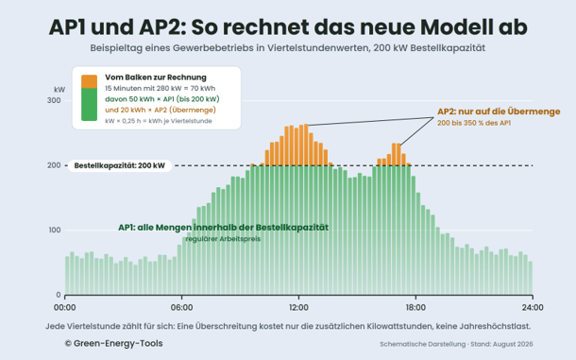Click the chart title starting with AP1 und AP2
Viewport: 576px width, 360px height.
click(288, 26)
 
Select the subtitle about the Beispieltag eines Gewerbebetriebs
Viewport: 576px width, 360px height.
click(288, 48)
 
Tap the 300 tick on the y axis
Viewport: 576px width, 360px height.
click(54, 100)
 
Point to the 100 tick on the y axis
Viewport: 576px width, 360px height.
click(54, 231)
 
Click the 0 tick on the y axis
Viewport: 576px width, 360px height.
click(59, 295)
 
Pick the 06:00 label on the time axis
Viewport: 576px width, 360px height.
click(182, 307)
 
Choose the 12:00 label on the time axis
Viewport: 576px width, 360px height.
click(298, 307)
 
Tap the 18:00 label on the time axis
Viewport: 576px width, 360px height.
click(415, 307)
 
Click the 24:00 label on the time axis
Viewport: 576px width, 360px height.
click(533, 307)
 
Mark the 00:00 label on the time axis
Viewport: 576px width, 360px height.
click(65, 307)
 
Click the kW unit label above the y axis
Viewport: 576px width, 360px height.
click(59, 90)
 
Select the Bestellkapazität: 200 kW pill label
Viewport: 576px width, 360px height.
click(120, 166)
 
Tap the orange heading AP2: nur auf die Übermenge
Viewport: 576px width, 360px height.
click(499, 111)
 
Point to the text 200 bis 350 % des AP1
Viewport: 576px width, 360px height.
click(474, 123)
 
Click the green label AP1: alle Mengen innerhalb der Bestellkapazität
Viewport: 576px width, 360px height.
click(224, 228)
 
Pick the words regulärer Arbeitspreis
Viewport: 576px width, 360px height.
click(223, 239)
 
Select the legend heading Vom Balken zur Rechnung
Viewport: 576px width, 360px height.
click(156, 77)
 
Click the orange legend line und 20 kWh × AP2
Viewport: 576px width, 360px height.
click(161, 110)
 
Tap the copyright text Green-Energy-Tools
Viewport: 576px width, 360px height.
click(114, 343)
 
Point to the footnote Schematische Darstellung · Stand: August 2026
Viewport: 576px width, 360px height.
click(456, 344)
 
